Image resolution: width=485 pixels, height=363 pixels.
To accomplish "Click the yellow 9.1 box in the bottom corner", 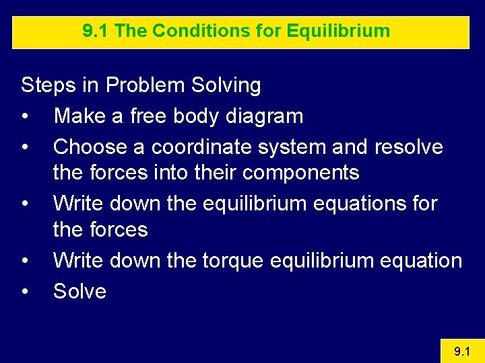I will click(x=461, y=351).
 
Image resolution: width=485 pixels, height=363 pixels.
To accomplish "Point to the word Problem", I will click(x=146, y=85).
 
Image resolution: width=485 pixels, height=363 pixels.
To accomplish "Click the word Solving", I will click(x=226, y=85).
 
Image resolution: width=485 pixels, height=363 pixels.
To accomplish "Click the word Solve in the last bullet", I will click(x=79, y=291).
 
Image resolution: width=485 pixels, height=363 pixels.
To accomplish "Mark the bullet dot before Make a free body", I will click(x=25, y=117).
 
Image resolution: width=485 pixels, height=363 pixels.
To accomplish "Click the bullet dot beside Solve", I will click(x=25, y=292).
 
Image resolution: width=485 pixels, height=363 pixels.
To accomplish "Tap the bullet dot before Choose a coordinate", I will click(x=25, y=147).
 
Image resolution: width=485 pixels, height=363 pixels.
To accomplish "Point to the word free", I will click(x=148, y=116).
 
